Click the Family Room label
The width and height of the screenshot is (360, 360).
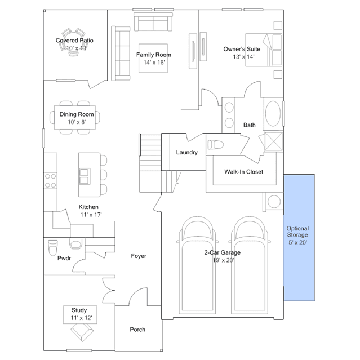pos(154,55)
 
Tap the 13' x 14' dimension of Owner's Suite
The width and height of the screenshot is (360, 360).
pos(243,57)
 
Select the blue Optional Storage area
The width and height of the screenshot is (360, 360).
pos(299,238)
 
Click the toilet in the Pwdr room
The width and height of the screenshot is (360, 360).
pos(53,247)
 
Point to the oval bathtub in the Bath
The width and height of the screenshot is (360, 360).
pos(273,113)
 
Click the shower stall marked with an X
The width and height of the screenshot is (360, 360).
pos(274,141)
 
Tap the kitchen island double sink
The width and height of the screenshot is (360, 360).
pos(85,176)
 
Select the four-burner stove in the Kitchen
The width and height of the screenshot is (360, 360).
pos(51,180)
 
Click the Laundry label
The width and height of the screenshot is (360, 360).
pos(186,153)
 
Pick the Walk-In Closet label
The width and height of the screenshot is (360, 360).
pos(243,172)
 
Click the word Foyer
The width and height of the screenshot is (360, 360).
pos(139,256)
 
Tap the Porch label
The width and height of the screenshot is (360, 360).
pos(137,330)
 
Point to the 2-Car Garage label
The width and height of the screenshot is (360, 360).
pos(222,252)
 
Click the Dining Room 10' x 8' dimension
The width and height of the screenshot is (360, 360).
pos(77,122)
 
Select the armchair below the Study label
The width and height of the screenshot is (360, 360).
pos(82,332)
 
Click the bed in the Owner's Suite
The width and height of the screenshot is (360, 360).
pos(264,50)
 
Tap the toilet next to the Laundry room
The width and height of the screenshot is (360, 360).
pos(216,145)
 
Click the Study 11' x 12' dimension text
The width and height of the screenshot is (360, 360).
pos(81,318)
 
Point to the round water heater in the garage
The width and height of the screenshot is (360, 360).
pos(274,202)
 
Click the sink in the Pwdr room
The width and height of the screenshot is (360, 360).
pos(75,245)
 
